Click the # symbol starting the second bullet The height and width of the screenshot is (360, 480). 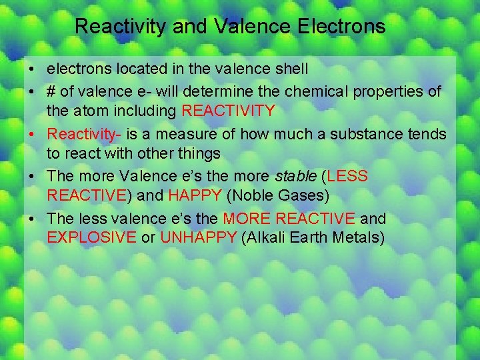51,91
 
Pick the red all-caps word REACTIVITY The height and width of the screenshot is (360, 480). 228,109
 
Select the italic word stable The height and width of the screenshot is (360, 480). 296,177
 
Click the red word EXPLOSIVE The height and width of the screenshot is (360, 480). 91,237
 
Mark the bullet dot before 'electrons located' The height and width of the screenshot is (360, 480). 32,69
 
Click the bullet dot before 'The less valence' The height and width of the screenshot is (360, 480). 32,219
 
